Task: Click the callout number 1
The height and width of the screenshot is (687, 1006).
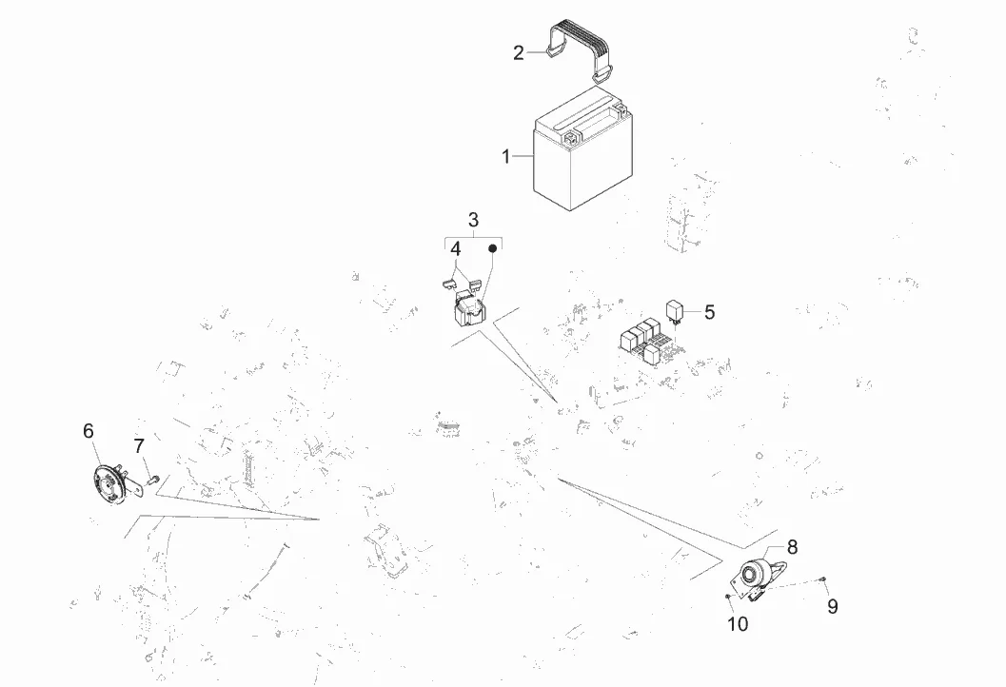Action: (506, 156)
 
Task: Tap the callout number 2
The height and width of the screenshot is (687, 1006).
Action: (519, 52)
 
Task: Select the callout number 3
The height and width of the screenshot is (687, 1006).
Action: (473, 220)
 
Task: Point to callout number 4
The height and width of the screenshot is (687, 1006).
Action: (456, 249)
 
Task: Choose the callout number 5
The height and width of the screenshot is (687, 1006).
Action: (709, 312)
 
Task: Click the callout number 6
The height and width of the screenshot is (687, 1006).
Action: (89, 431)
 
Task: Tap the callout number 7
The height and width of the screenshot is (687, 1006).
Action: (139, 446)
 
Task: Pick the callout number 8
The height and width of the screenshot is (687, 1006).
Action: (793, 547)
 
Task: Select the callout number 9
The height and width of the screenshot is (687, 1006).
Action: (832, 606)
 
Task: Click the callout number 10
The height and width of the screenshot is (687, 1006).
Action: (738, 623)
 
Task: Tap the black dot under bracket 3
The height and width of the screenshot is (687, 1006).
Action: (493, 248)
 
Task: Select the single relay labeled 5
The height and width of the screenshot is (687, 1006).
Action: (674, 311)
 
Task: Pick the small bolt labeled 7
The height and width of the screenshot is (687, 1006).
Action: (152, 478)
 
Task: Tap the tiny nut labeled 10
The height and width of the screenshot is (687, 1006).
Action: (728, 597)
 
